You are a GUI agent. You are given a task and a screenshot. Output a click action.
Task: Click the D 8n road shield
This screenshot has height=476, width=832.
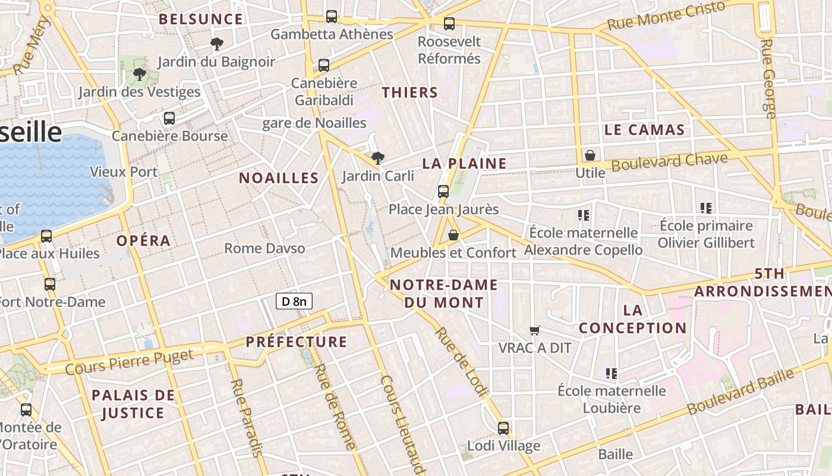pyautogui.click(x=294, y=301)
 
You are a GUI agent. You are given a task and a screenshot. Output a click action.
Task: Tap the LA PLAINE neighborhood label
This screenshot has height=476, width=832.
pyautogui.click(x=464, y=164)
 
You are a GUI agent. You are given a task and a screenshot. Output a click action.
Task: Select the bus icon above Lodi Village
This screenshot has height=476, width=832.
pyautogui.click(x=503, y=428)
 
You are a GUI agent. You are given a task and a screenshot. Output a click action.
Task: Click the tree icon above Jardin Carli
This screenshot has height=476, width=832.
pyautogui.click(x=377, y=158)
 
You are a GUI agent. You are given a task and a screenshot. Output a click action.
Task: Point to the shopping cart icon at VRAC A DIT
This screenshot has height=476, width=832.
pyautogui.click(x=534, y=330)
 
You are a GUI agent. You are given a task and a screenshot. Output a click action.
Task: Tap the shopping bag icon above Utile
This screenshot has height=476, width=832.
pyautogui.click(x=590, y=155)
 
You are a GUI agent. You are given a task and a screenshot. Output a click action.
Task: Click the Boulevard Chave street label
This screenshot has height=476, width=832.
pyautogui.click(x=669, y=162)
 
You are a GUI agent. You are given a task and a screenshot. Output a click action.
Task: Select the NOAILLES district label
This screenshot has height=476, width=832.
pyautogui.click(x=279, y=178)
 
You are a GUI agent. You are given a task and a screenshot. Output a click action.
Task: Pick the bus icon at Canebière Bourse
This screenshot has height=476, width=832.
pyautogui.click(x=169, y=118)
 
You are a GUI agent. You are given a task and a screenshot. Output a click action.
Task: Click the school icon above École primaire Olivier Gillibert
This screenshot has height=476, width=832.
pyautogui.click(x=706, y=208)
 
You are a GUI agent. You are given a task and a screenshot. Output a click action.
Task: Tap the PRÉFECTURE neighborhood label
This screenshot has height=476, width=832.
pyautogui.click(x=296, y=342)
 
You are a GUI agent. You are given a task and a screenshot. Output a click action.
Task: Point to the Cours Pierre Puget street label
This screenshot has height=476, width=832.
pyautogui.click(x=129, y=362)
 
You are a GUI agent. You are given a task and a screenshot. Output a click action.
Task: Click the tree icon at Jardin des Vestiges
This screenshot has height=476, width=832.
pyautogui.click(x=140, y=74)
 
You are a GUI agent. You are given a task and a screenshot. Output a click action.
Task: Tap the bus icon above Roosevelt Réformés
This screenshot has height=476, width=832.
pyautogui.click(x=449, y=24)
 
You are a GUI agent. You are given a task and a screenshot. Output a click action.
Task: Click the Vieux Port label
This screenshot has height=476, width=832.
pyautogui.click(x=124, y=172)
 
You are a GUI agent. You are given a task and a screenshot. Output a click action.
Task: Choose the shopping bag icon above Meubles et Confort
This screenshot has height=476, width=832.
pyautogui.click(x=453, y=236)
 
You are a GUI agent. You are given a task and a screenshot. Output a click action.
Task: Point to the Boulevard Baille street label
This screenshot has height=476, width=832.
pyautogui.click(x=740, y=392)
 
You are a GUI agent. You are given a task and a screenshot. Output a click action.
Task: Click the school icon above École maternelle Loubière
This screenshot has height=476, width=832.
pyautogui.click(x=611, y=374)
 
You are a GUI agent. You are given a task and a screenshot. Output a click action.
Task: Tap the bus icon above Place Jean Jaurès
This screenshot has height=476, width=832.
pyautogui.click(x=443, y=192)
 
